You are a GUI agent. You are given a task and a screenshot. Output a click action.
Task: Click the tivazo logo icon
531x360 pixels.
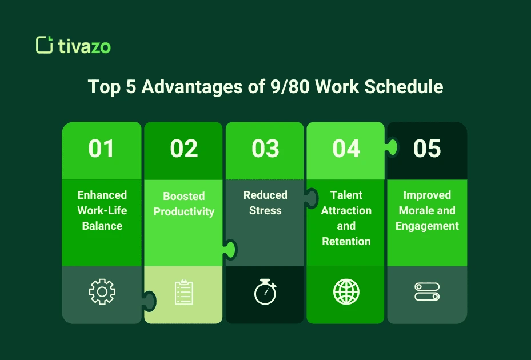(43, 45)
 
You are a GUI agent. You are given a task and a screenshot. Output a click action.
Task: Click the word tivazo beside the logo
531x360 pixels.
(84, 46)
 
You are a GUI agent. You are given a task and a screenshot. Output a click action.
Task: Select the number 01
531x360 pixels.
(101, 149)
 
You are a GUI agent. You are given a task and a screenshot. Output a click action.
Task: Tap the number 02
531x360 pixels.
(183, 149)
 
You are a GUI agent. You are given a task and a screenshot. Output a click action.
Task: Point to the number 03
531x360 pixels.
(265, 149)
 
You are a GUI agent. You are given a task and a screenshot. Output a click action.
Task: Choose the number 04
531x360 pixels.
(346, 149)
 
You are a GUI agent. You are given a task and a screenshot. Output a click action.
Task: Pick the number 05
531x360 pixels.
(427, 149)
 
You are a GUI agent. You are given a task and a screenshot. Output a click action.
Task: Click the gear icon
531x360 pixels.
(102, 292)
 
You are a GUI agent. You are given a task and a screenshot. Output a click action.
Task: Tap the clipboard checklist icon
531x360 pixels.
(184, 292)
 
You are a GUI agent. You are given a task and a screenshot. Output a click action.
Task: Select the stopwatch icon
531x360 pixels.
(265, 292)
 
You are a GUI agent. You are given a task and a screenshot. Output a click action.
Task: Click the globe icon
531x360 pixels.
(346, 292)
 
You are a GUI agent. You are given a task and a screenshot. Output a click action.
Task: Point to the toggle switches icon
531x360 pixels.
(427, 292)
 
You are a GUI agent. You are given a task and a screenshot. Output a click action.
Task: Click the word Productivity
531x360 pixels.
(184, 212)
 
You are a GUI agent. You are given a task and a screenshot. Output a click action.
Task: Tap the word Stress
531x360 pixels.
(265, 211)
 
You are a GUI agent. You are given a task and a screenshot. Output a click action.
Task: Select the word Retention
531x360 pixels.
(346, 242)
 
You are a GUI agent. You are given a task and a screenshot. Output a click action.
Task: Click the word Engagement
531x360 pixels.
(427, 226)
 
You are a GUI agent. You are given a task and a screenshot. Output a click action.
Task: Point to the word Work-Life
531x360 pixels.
(102, 210)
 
